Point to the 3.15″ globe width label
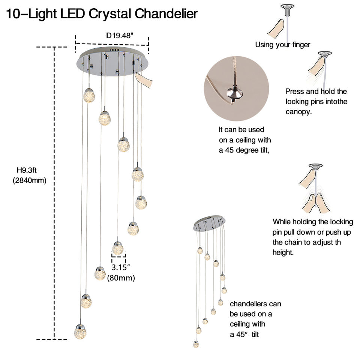(x=121, y=268)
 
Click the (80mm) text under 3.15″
(x=121, y=278)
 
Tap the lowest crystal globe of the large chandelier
(x=81, y=332)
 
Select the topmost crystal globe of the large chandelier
(x=89, y=95)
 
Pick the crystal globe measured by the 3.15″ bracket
(x=118, y=248)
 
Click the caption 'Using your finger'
(x=283, y=45)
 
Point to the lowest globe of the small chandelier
(x=196, y=343)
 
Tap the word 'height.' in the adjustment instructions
(x=283, y=252)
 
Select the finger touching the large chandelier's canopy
(x=144, y=79)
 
